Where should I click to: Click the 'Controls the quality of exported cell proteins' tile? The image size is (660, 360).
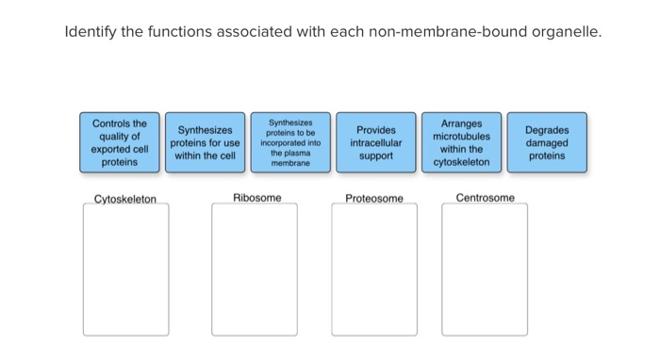click(119, 142)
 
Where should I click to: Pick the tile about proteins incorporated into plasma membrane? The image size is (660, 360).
click(291, 142)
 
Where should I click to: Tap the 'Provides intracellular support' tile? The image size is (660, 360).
click(375, 142)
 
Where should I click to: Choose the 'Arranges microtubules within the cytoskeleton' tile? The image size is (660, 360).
click(461, 142)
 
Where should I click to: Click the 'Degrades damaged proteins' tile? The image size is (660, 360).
click(546, 142)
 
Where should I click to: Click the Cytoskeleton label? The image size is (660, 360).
click(125, 199)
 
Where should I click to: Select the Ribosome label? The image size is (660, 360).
click(256, 198)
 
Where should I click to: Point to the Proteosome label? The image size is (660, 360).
click(373, 199)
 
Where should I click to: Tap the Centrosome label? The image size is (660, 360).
click(485, 198)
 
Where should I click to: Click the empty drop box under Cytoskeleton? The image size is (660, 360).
click(125, 270)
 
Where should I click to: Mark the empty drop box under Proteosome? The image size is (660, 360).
click(373, 270)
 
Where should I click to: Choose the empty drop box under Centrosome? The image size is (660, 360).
click(484, 270)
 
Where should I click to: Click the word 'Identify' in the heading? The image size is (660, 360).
click(90, 33)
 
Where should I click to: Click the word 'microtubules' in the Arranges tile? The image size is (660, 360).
click(461, 137)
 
